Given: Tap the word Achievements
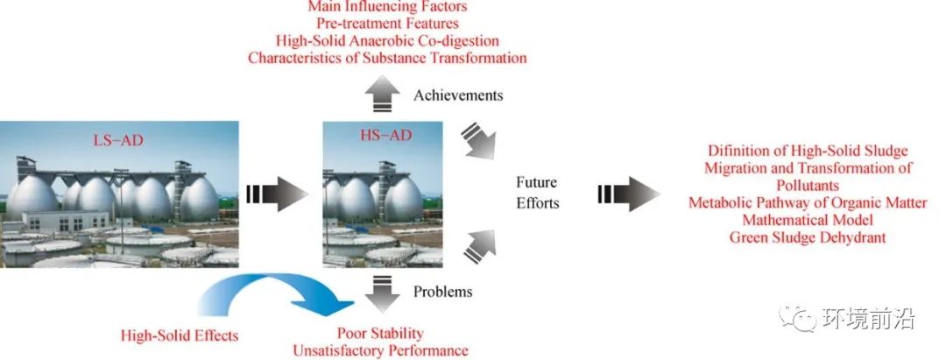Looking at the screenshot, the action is coord(458,95).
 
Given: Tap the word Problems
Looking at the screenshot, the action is coord(443,292).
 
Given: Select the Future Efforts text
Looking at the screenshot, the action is coord(538,193).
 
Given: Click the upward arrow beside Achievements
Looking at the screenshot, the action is coord(382,95).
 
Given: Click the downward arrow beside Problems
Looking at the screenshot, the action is coord(382,293).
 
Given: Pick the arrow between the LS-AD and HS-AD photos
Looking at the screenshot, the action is coord(278,194).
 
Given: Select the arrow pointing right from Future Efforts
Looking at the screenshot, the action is coord(629,194).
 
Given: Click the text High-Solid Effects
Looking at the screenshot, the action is coord(180,335).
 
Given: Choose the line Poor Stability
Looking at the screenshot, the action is coord(380,333).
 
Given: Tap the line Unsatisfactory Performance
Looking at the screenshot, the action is coord(380,350).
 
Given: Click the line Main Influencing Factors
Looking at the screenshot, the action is coord(387,7).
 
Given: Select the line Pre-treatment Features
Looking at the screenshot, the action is coord(387,24).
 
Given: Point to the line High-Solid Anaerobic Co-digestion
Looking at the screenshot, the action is coord(387,41).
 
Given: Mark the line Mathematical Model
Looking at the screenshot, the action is coord(808,220).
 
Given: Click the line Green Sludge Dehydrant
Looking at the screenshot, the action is coord(808,237).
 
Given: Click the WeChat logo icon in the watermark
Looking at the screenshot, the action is coord(795,318).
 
